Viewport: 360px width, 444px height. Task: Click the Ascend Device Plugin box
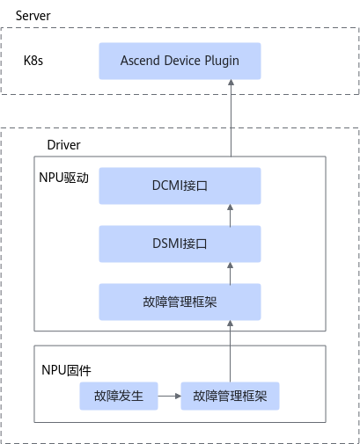tap(180, 61)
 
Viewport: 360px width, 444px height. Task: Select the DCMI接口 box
tap(180, 186)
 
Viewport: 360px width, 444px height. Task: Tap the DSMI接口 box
tap(180, 244)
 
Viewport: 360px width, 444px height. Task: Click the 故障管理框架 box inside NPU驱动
tap(180, 302)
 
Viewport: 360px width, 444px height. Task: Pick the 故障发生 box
tap(119, 396)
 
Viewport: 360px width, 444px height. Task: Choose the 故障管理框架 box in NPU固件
tap(230, 396)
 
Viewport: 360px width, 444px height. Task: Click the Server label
tap(33, 16)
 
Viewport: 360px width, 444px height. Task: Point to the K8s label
tap(33, 61)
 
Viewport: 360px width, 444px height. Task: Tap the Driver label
tap(63, 145)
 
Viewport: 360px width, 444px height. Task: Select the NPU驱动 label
tap(63, 178)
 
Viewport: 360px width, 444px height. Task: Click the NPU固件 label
tap(66, 370)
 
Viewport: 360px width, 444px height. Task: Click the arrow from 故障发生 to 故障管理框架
tap(170, 397)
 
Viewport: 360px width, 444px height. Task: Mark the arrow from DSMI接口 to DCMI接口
tap(231, 215)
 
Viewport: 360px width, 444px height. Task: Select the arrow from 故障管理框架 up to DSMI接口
tap(231, 273)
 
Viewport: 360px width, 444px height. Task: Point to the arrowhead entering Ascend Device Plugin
tap(231, 83)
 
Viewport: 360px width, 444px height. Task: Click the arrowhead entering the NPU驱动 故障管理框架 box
tap(231, 324)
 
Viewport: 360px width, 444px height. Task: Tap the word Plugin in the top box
tap(222, 61)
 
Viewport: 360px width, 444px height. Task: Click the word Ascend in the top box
tap(141, 61)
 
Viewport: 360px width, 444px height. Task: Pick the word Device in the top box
tap(182, 61)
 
